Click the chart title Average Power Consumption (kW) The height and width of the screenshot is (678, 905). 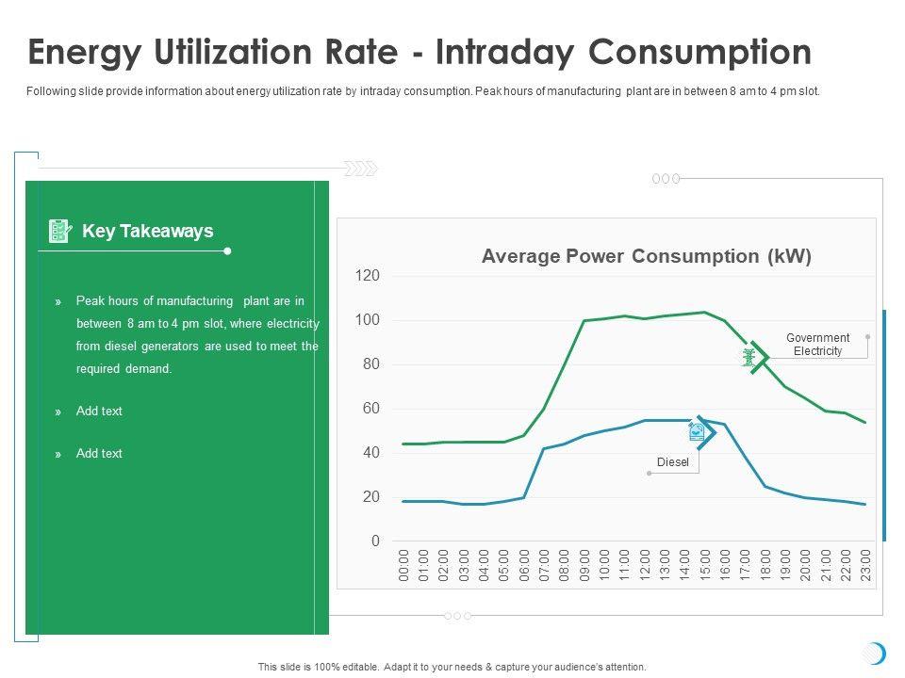pos(646,256)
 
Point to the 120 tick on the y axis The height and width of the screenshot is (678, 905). pos(367,276)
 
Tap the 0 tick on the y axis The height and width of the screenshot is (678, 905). pos(374,541)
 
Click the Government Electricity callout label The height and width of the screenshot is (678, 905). pos(817,345)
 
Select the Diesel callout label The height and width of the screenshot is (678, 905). pos(673,462)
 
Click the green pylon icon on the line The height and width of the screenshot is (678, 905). pos(749,357)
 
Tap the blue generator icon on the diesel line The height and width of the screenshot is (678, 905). pos(696,431)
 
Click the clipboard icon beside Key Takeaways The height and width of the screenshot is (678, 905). pos(59,231)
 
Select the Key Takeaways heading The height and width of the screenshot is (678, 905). pos(148,231)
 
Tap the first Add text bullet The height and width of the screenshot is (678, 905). pos(99,412)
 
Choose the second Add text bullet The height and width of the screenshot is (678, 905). pos(99,454)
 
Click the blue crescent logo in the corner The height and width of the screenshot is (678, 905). pos(876,653)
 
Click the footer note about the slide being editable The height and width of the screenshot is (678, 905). pos(452,667)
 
